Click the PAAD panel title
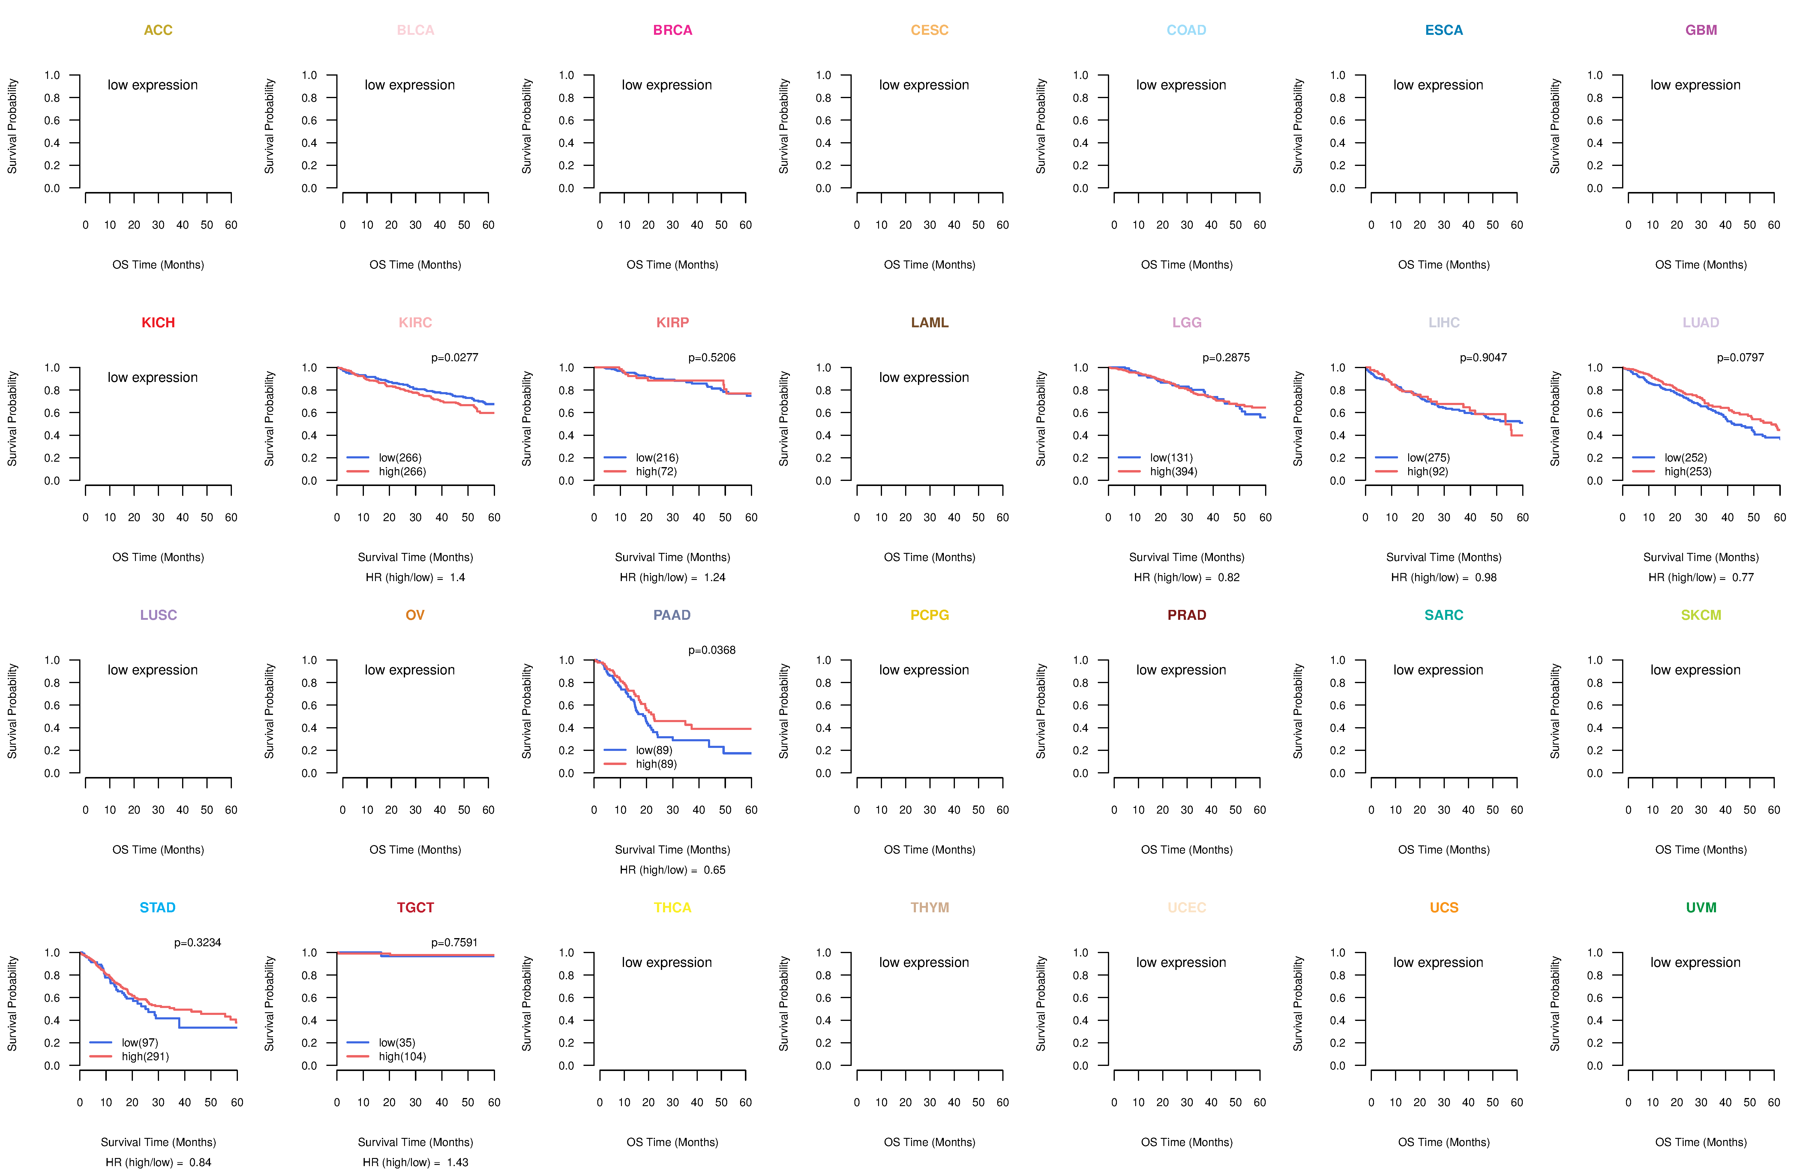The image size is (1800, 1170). click(672, 615)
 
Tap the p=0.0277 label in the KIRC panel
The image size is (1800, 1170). click(454, 358)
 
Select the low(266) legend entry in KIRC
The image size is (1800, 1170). click(400, 457)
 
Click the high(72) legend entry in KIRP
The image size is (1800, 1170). click(656, 471)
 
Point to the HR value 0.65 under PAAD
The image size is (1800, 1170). click(714, 870)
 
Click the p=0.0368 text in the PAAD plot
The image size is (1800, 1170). click(712, 650)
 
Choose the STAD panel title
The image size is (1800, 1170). click(157, 907)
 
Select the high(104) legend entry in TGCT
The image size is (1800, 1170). click(402, 1057)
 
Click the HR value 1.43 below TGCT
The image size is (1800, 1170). click(457, 1162)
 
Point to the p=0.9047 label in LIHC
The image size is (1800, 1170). click(1483, 358)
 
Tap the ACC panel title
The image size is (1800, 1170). click(158, 30)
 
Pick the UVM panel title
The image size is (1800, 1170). click(1701, 907)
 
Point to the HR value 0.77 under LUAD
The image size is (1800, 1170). click(1742, 577)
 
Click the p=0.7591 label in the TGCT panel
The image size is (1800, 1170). click(454, 942)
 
